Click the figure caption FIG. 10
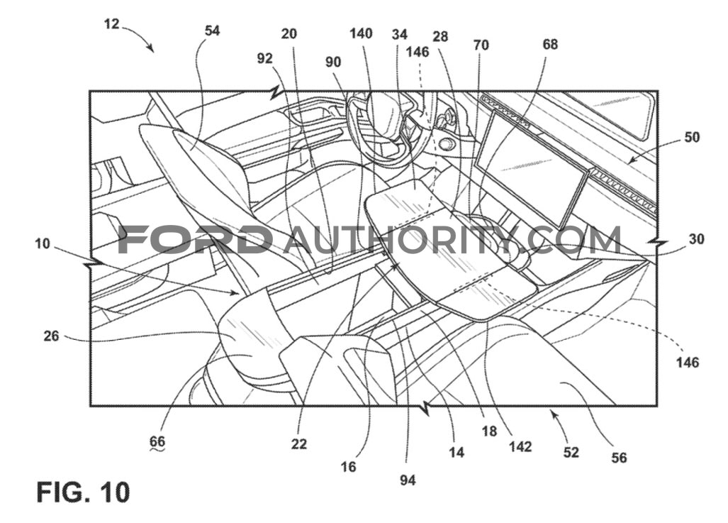[83, 492]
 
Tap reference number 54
[212, 31]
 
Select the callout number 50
[692, 137]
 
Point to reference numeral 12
[111, 23]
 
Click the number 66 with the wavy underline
[157, 441]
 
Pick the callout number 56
[619, 458]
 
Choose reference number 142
[520, 446]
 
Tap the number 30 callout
[696, 239]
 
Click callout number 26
[51, 336]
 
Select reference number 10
[42, 243]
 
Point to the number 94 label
[408, 480]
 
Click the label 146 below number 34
[418, 52]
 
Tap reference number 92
[264, 58]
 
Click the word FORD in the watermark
[195, 239]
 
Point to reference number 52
[571, 452]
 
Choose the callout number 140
[361, 33]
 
